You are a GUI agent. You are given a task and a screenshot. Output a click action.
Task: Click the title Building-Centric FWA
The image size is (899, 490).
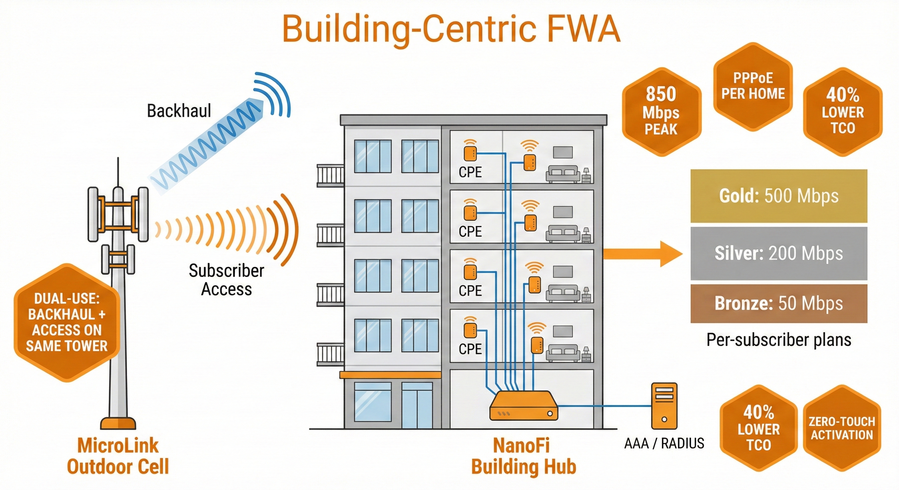[x=451, y=29]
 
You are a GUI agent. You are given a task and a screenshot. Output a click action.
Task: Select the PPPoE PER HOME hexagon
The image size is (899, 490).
[x=753, y=86]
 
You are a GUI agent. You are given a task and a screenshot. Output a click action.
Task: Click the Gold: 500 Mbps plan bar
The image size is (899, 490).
[x=779, y=196]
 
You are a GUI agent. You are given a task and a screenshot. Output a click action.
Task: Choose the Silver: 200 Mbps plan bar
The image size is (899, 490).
[x=779, y=253]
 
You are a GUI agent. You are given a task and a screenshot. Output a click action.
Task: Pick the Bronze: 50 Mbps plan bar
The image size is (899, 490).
[x=779, y=303]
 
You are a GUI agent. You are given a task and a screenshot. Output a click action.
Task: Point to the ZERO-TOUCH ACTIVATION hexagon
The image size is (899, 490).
[x=842, y=428]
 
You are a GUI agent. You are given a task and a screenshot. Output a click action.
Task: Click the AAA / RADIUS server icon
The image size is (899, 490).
[x=664, y=406]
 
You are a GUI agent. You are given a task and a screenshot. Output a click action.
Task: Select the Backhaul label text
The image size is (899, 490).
[x=179, y=111]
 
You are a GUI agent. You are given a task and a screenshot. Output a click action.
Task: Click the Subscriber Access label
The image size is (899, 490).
[x=226, y=280]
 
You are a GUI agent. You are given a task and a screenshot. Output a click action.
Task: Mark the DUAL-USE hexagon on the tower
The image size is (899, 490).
[x=67, y=322]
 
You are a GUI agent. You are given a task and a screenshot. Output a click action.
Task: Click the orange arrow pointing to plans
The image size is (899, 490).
[x=642, y=254]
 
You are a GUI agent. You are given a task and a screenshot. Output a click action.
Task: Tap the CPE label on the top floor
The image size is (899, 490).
[x=470, y=172]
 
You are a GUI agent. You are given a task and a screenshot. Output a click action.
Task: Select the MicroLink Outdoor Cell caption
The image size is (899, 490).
[x=118, y=456]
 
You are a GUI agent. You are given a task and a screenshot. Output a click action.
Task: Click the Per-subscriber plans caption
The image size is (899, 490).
[x=779, y=340]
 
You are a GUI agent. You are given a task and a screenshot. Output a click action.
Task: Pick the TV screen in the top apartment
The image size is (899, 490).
[x=563, y=152]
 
